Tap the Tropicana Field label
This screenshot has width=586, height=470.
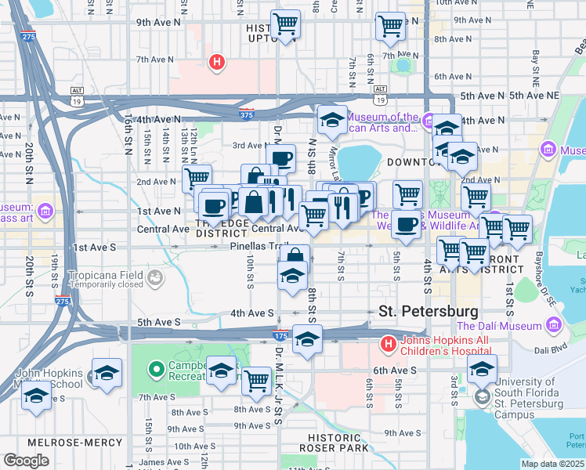105,276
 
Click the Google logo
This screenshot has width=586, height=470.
26,461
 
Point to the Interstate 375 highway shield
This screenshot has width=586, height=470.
247,114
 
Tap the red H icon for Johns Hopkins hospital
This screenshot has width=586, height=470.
388,343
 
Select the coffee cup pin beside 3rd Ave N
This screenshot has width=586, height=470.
281,160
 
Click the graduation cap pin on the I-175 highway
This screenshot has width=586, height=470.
307,340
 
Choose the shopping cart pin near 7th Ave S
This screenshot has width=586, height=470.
256,381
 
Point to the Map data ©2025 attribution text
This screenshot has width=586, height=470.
552,464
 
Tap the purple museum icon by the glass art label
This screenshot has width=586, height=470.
45,211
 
